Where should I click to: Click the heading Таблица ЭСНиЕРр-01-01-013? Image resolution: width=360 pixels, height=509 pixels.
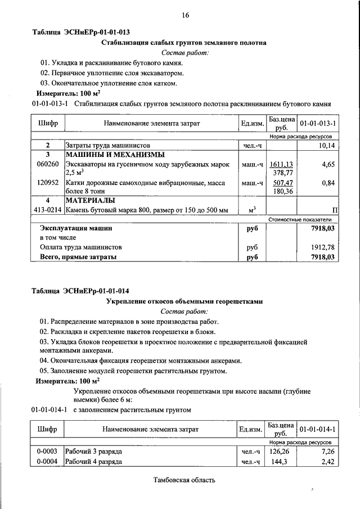(85, 32)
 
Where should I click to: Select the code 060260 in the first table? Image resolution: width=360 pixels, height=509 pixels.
(48, 164)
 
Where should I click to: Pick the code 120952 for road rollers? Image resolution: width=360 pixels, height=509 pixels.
(48, 183)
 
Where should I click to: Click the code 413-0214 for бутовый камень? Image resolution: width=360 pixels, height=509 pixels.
(47, 210)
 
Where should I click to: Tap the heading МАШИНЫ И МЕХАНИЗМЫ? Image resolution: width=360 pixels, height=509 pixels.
(115, 155)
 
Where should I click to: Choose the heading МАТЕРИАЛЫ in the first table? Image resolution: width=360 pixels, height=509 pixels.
(91, 200)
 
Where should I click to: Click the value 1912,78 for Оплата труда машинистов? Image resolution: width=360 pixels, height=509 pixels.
(323, 247)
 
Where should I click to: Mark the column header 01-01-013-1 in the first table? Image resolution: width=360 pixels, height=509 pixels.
(318, 123)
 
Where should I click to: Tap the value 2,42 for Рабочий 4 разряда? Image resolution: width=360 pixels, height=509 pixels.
(327, 462)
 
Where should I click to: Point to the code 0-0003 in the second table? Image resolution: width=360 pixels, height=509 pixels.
(47, 452)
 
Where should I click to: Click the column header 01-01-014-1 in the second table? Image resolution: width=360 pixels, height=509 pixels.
(318, 429)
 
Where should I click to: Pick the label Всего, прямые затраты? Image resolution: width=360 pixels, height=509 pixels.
(78, 257)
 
